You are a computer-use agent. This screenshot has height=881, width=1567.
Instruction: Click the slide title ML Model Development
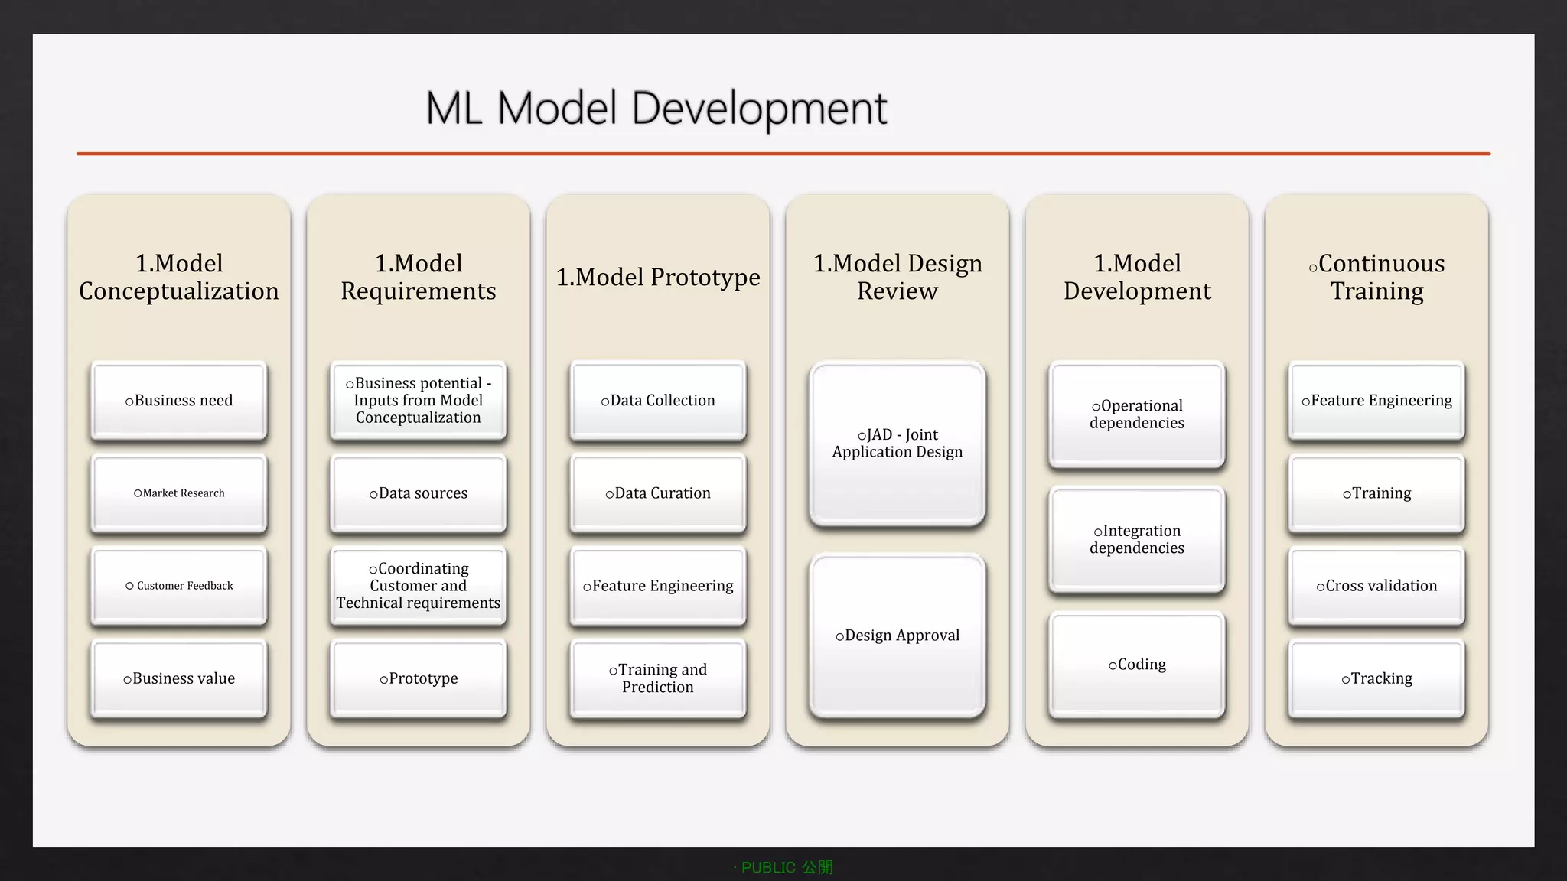click(x=656, y=109)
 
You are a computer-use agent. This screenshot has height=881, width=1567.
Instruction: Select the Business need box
click(x=179, y=401)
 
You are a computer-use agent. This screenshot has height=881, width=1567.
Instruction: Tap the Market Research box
click(x=179, y=493)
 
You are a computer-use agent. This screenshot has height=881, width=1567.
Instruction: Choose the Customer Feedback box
click(x=179, y=586)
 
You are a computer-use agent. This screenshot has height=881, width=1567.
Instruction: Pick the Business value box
click(x=179, y=678)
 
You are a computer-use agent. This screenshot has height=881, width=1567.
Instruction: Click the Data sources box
click(x=419, y=493)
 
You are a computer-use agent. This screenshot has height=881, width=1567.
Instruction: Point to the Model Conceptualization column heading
click(x=179, y=277)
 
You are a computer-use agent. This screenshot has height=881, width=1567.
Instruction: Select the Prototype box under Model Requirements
click(x=419, y=678)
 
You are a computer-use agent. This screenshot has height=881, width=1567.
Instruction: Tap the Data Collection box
click(x=658, y=401)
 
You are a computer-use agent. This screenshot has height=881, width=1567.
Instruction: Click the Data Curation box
click(x=658, y=493)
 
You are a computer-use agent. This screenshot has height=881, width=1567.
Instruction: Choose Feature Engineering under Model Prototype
click(x=658, y=586)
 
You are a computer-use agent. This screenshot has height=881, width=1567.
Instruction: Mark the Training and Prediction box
click(x=658, y=678)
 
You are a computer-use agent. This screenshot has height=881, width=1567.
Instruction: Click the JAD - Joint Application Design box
click(x=898, y=444)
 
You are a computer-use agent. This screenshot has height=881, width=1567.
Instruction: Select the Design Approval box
click(x=898, y=636)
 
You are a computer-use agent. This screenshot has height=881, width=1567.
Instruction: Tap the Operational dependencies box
click(x=1137, y=414)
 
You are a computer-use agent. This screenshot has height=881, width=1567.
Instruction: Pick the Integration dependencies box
click(x=1137, y=539)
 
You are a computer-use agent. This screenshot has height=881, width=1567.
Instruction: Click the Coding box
click(x=1137, y=665)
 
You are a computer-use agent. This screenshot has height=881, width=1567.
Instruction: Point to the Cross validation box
click(x=1376, y=586)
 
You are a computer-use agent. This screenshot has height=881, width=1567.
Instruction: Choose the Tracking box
click(x=1376, y=678)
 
